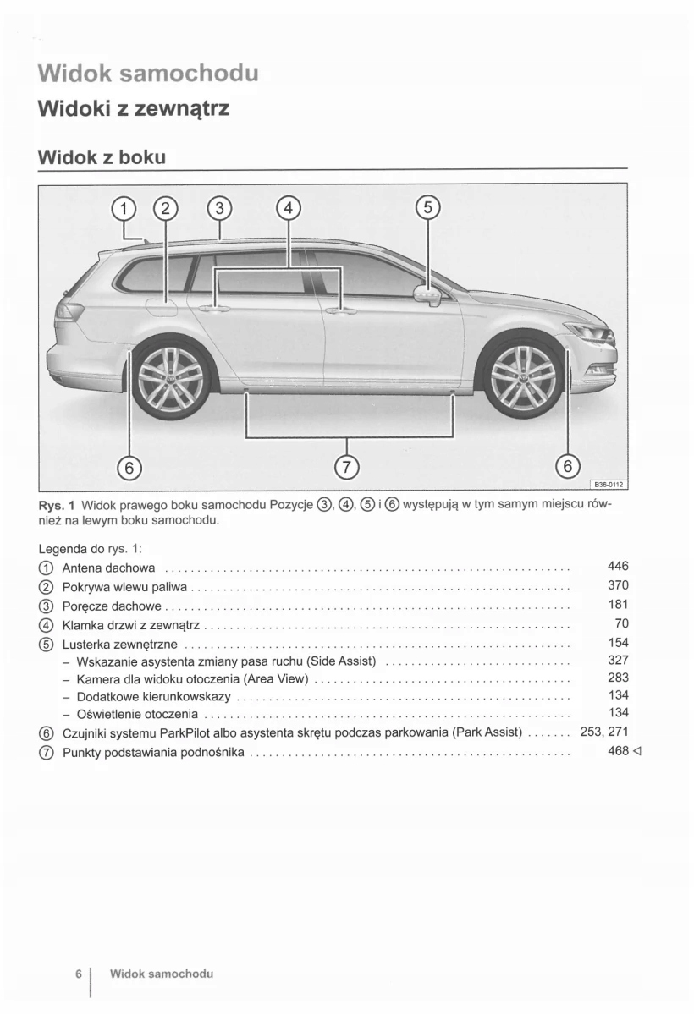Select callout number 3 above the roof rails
pyautogui.click(x=219, y=208)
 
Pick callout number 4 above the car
pyautogui.click(x=288, y=208)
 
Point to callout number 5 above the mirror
pyautogui.click(x=427, y=208)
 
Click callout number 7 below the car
pyautogui.click(x=348, y=466)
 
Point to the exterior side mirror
pyautogui.click(x=427, y=295)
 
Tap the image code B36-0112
pyautogui.click(x=607, y=485)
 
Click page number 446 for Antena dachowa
pyautogui.click(x=618, y=567)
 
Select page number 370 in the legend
pyautogui.click(x=618, y=585)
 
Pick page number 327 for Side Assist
pyautogui.click(x=618, y=660)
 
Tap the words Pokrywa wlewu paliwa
pyautogui.click(x=124, y=586)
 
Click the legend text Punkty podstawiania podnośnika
pyautogui.click(x=153, y=752)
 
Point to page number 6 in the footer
pyautogui.click(x=78, y=974)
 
